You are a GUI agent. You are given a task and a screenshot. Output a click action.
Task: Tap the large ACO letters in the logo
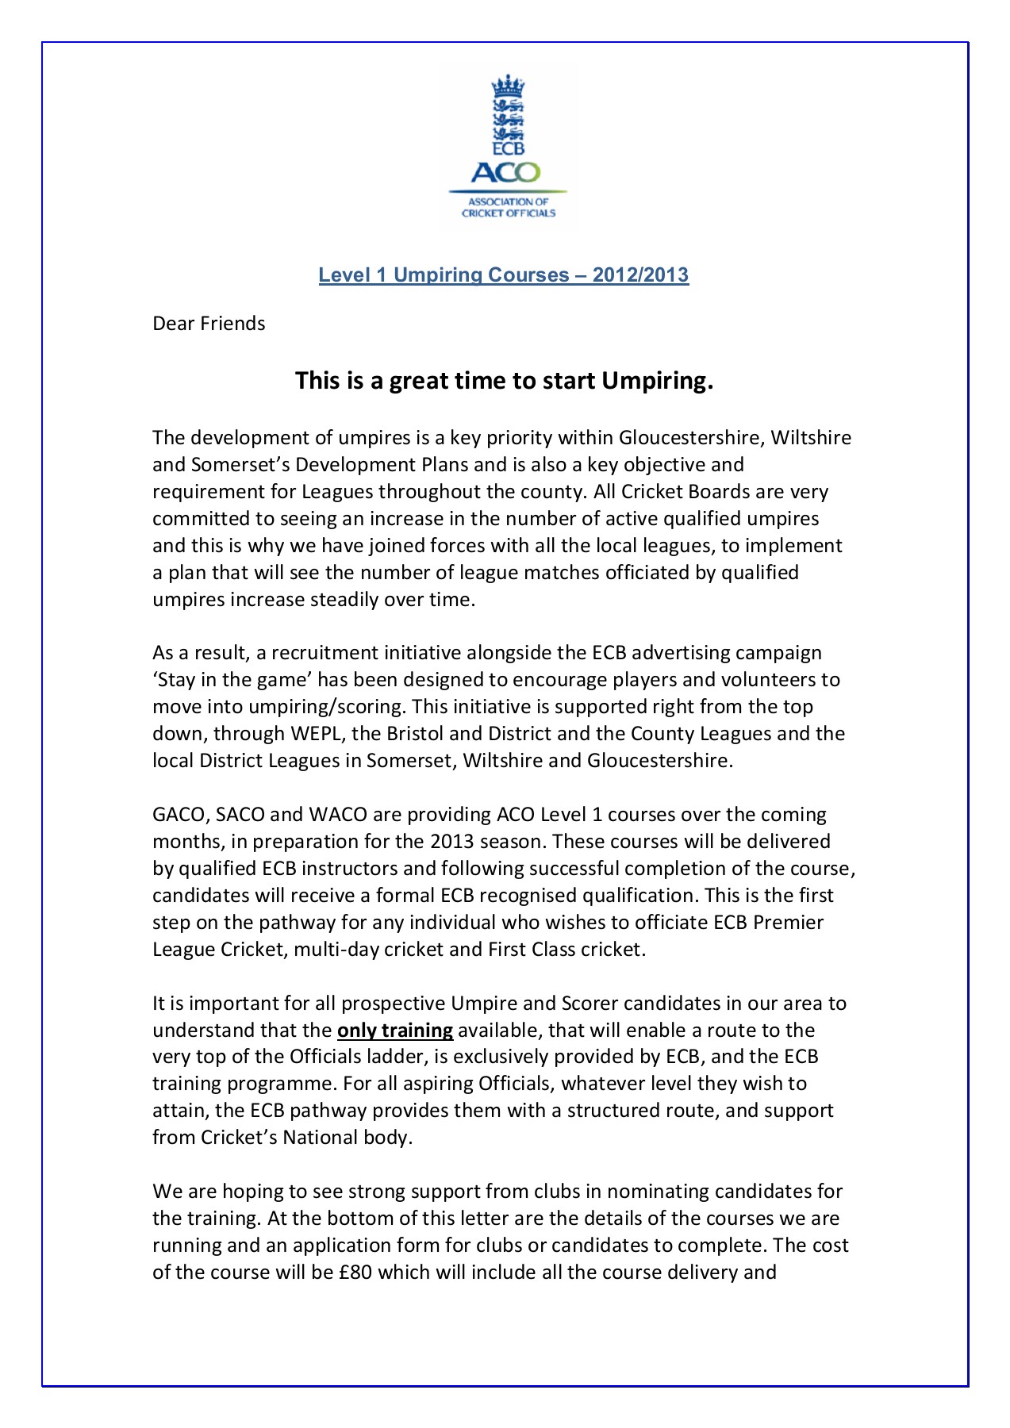[x=506, y=172]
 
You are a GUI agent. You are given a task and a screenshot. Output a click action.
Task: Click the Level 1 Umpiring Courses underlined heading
[x=504, y=275]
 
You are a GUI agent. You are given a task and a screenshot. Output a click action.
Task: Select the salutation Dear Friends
[x=209, y=324]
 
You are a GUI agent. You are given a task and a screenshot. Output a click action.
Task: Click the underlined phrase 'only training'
[x=395, y=1030]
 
